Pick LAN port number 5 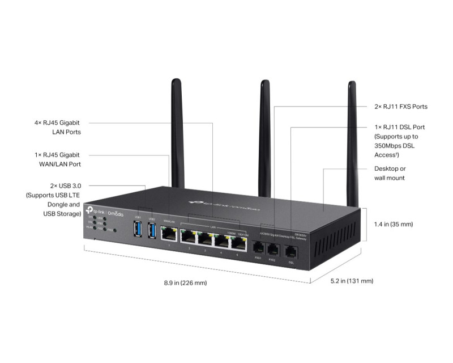237,243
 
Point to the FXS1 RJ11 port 258,247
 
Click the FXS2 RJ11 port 272,248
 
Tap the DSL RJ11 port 291,251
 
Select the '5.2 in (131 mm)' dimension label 352,281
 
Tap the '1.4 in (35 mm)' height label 394,224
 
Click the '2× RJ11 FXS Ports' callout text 400,107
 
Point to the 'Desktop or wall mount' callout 390,174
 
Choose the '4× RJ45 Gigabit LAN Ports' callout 57,127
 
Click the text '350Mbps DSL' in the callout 396,145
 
